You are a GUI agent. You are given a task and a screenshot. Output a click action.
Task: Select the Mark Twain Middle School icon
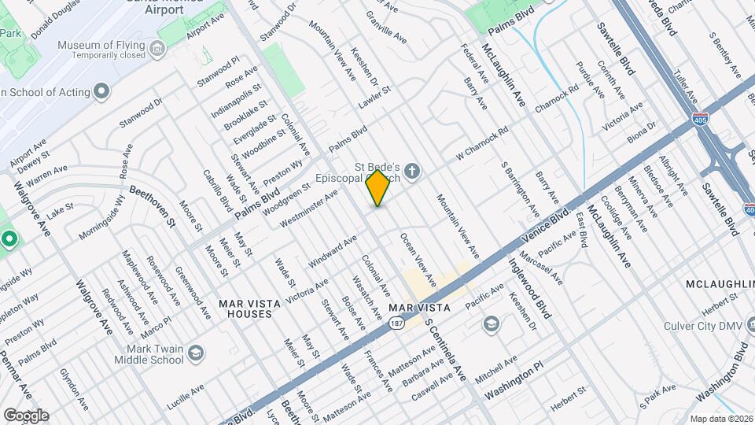(194, 353)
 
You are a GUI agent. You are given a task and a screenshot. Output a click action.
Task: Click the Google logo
(26, 415)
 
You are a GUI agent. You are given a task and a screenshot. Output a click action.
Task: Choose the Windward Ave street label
(332, 248)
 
